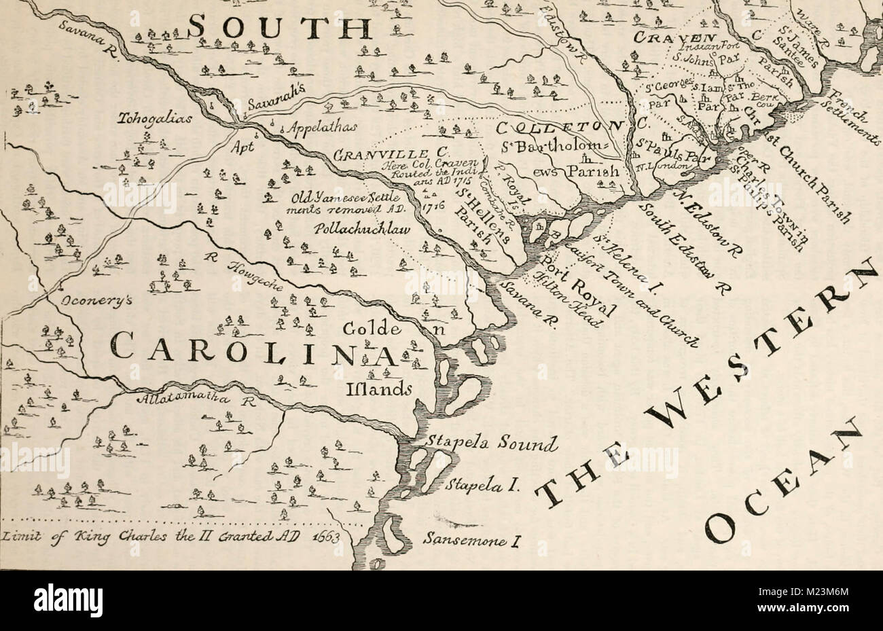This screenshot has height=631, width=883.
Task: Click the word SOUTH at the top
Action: pos(278,29)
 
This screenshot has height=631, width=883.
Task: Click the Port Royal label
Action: pos(577,286)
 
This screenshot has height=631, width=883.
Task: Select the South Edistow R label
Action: pos(679,248)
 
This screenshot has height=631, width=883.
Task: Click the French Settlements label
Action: pos(849,112)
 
